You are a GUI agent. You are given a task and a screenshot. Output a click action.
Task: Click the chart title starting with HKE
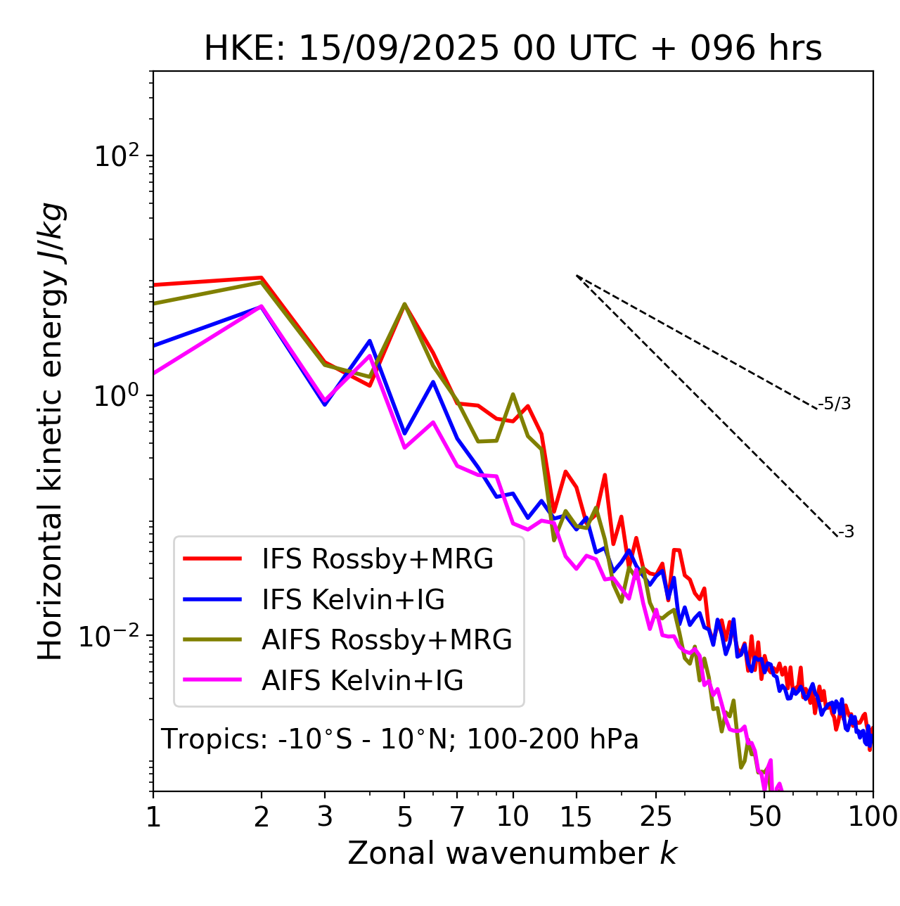[513, 49]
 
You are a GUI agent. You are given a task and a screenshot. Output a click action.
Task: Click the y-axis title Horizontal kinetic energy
[51, 431]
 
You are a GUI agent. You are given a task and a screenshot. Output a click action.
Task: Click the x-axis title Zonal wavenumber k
[512, 853]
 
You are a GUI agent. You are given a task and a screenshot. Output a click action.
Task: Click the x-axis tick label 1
[153, 817]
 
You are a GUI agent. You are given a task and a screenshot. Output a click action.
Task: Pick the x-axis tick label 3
[325, 817]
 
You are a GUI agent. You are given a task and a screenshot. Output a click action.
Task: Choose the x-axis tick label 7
[457, 817]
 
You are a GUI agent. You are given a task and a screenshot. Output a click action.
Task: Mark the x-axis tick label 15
[576, 817]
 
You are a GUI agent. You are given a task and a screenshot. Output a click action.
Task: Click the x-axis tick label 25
[655, 817]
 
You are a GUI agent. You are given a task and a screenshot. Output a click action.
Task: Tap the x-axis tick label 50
[764, 817]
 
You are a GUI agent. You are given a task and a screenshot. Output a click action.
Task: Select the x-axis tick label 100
[873, 817]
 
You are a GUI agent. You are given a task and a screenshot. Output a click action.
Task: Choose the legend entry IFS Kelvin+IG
[353, 600]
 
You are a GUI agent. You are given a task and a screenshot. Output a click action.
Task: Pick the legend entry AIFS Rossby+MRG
[387, 640]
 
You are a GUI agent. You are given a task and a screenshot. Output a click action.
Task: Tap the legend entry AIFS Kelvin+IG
[362, 681]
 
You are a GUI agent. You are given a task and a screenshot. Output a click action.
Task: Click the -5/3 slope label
[835, 404]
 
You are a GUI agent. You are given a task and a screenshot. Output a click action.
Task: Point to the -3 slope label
[846, 532]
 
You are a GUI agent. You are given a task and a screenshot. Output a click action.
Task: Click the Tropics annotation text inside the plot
[400, 740]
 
